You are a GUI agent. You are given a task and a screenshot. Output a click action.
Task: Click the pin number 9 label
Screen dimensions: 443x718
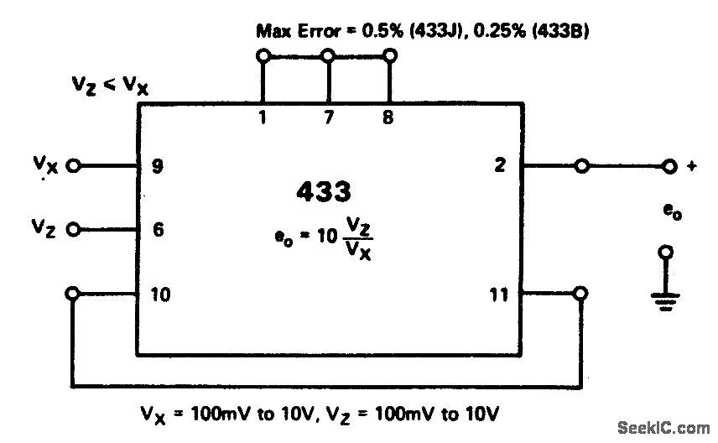[159, 165]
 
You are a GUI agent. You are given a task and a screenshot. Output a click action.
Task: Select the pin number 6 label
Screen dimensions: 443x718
[159, 228]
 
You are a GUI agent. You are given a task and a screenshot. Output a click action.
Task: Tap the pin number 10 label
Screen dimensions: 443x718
[161, 294]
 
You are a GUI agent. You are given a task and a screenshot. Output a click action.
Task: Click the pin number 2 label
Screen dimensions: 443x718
[500, 165]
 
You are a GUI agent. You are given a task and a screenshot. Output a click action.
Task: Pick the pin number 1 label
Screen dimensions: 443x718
[263, 118]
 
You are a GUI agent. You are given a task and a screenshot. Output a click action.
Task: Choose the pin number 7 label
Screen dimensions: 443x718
[329, 118]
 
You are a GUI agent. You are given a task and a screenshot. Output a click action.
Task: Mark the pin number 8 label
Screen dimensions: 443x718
[388, 118]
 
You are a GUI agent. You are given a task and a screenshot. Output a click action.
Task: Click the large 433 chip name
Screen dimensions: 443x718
[323, 192]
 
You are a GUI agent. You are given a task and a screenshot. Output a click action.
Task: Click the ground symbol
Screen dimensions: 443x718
[667, 298]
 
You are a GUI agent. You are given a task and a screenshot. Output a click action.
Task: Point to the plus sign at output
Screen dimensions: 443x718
[693, 166]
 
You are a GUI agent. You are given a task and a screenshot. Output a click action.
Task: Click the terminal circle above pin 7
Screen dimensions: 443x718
[328, 56]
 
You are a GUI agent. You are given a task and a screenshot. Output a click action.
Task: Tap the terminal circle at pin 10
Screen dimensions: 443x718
[73, 294]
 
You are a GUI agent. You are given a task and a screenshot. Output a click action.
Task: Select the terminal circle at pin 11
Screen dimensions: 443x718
[580, 294]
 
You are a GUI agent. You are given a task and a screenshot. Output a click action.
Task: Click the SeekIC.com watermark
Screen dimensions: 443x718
[663, 429]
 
